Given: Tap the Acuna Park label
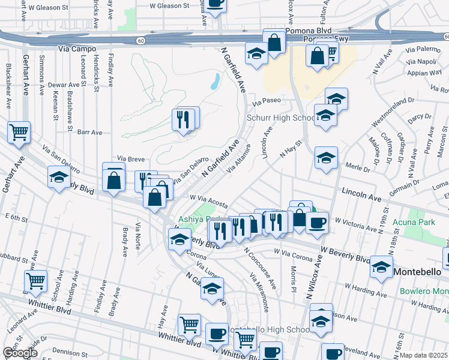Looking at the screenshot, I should (x=426, y=222).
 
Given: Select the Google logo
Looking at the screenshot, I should (x=20, y=353).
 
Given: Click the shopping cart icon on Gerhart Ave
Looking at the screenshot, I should (x=19, y=132).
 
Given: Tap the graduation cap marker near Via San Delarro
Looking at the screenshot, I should (x=59, y=177).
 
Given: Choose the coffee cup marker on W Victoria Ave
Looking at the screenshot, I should (x=317, y=223).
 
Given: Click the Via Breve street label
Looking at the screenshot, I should (x=131, y=159).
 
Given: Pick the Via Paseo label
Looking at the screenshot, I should (x=270, y=101).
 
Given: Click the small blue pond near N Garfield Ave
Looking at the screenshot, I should (x=214, y=82).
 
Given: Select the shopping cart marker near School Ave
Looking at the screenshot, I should (x=36, y=280).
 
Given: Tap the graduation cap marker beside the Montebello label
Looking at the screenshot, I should (x=381, y=266).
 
